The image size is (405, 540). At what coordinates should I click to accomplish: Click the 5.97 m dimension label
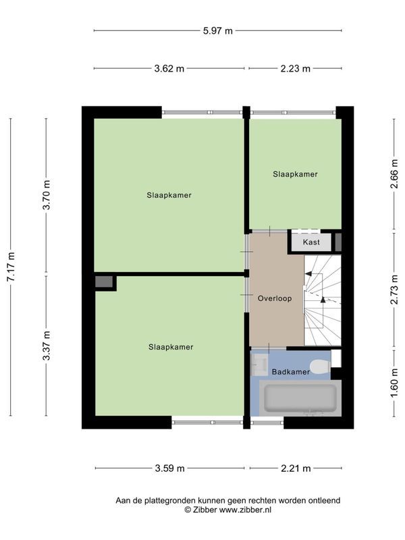(x=217, y=31)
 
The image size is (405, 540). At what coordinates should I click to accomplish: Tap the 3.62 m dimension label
(x=169, y=69)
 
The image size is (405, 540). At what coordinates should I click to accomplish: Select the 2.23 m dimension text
(x=295, y=69)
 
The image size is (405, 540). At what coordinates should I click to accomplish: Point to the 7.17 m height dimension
(x=11, y=267)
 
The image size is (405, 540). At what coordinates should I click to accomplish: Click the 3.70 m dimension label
(x=46, y=194)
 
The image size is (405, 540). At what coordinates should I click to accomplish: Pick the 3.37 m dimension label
(x=46, y=346)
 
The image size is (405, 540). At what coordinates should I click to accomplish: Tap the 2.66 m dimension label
(x=394, y=174)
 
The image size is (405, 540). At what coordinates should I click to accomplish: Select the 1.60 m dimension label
(x=394, y=383)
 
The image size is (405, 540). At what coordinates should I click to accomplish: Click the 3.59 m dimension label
(x=170, y=468)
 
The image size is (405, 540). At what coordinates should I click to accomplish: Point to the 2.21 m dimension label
(x=296, y=468)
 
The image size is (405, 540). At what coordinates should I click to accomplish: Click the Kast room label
(x=311, y=242)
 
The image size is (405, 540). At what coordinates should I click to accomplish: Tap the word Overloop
(x=275, y=298)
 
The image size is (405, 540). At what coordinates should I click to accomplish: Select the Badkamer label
(x=291, y=372)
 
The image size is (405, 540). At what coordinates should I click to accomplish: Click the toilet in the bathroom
(x=320, y=367)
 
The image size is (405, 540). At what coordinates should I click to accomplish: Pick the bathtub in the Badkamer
(x=300, y=398)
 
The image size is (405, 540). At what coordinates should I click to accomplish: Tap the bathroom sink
(x=260, y=364)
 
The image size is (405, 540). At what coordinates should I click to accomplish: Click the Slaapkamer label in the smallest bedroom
(x=295, y=174)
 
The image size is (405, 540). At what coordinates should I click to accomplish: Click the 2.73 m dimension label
(x=394, y=290)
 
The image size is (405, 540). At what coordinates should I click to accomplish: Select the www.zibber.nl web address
(x=245, y=510)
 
